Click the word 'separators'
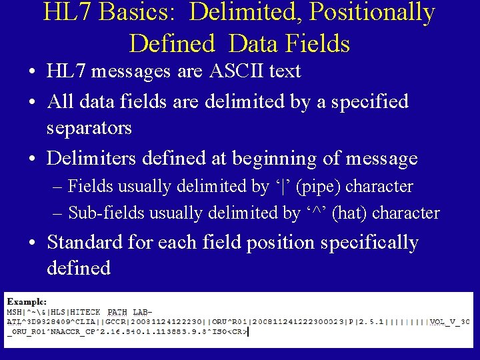(x=89, y=127)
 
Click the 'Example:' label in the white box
(x=27, y=302)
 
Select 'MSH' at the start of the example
(x=14, y=312)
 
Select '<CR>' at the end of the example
(x=237, y=331)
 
